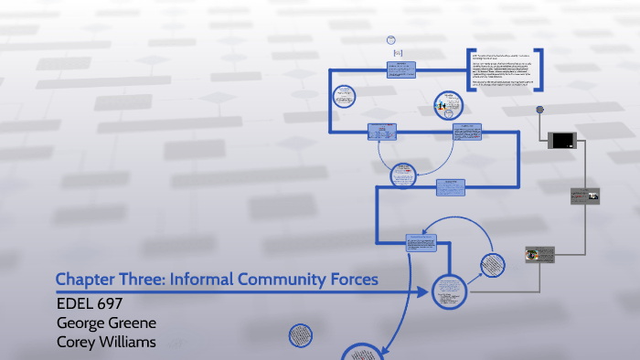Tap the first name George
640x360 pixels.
[83, 322]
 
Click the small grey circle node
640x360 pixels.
[540, 110]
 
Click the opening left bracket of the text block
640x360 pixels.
[470, 69]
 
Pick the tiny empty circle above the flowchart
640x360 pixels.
[391, 40]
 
